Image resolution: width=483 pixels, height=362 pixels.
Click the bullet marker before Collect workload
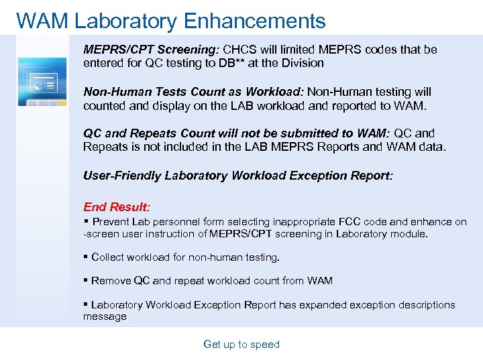[x=86, y=257]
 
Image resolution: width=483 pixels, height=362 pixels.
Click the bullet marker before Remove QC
[x=86, y=280]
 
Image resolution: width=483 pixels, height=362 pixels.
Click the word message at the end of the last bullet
[x=105, y=316]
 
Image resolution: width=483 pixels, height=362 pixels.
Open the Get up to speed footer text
[x=241, y=345]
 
